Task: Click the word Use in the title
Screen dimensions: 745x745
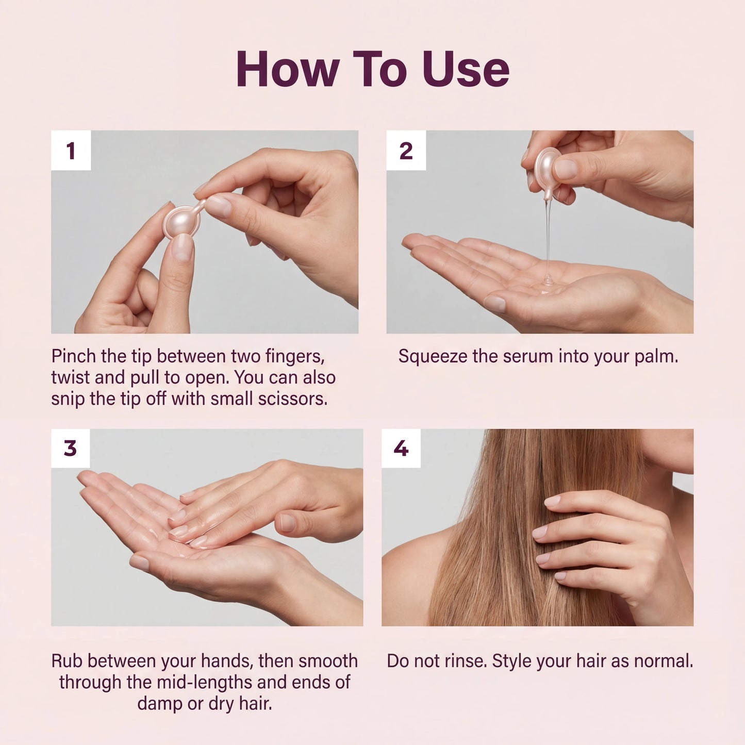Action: tap(466, 70)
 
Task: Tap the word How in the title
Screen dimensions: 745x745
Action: tap(288, 70)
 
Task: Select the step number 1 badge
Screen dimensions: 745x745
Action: tap(71, 151)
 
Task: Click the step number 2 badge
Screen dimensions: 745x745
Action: tap(406, 151)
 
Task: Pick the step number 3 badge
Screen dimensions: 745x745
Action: tap(71, 449)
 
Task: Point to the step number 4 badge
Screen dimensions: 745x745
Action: tap(401, 449)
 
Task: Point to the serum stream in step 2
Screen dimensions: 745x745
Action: tap(548, 232)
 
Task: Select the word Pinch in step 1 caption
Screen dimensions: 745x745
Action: tap(74, 356)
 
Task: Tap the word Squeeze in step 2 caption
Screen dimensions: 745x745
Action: tap(432, 356)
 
